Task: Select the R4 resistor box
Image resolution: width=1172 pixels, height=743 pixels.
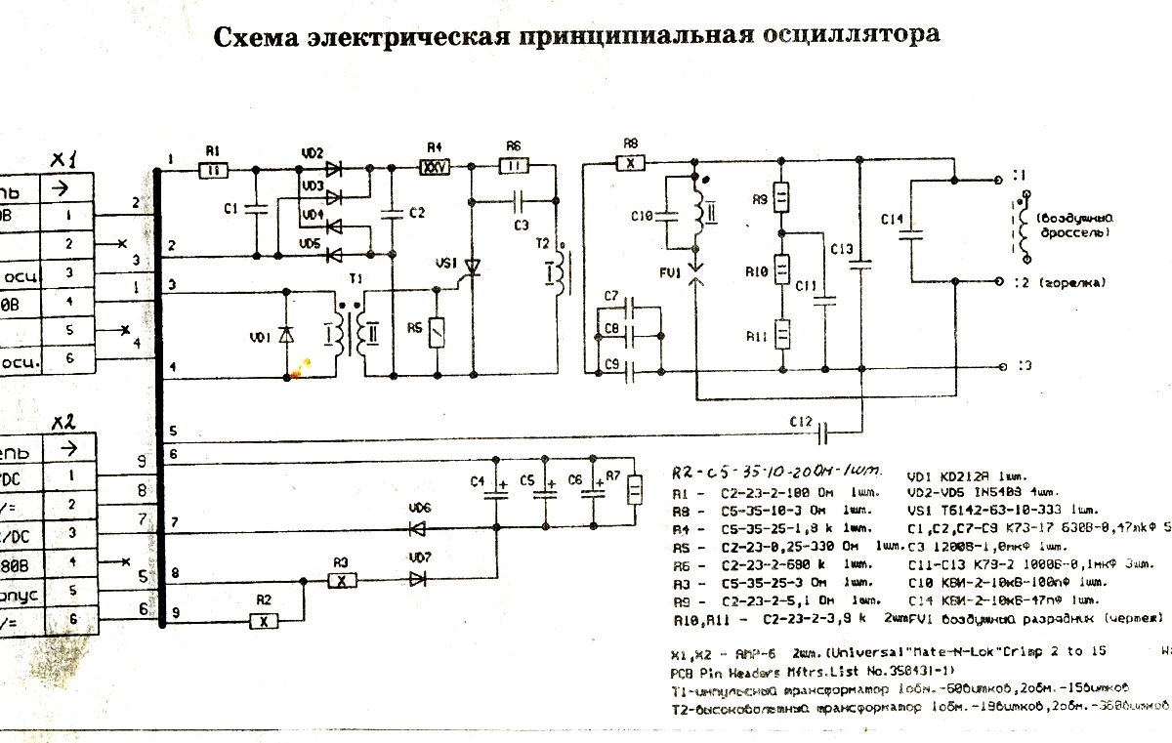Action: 433,167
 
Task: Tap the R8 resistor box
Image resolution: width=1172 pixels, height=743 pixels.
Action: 631,163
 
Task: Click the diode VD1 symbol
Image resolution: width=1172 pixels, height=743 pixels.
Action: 285,335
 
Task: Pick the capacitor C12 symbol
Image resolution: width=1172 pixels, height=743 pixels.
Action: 826,429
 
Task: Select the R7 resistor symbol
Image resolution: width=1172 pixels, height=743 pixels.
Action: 635,489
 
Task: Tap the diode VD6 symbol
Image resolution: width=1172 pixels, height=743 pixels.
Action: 418,528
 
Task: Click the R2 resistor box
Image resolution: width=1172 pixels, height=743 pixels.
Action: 261,620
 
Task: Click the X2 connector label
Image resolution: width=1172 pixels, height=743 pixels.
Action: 65,422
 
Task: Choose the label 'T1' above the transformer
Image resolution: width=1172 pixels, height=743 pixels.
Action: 355,279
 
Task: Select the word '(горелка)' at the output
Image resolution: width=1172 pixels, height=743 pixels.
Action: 1072,282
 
